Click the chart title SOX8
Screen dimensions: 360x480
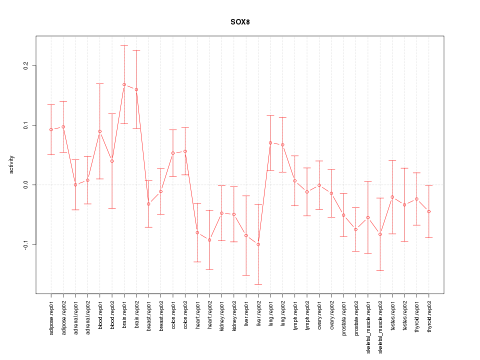[x=240, y=22]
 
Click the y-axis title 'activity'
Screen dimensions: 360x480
[x=12, y=164]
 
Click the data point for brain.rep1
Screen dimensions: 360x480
[x=124, y=84]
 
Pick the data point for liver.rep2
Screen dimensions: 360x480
[x=258, y=244]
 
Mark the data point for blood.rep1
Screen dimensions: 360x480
[x=100, y=131]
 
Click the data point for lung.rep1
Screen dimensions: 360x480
[x=270, y=142]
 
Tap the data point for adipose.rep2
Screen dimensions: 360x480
[x=63, y=127]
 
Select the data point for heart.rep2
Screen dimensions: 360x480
[x=209, y=240]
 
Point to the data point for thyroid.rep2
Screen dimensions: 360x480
[x=429, y=211]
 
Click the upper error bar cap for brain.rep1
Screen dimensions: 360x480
[x=124, y=45]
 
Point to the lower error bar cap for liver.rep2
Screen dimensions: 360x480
[x=258, y=284]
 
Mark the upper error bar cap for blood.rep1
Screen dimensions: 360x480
[x=100, y=83]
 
